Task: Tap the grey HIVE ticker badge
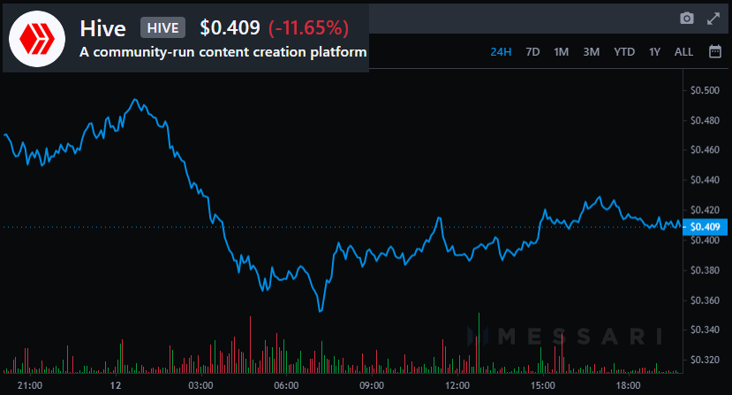point(162,27)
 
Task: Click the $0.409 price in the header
point(230,27)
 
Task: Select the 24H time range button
point(501,51)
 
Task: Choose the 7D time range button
point(532,51)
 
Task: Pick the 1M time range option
point(561,51)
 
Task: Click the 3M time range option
point(591,51)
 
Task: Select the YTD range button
point(624,51)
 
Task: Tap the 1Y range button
point(654,51)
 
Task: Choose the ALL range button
point(683,51)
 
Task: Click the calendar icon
point(714,51)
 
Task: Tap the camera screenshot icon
point(686,19)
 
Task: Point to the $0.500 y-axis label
point(706,90)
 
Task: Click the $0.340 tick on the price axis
point(706,330)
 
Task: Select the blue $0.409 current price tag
point(706,226)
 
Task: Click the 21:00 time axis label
point(30,386)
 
